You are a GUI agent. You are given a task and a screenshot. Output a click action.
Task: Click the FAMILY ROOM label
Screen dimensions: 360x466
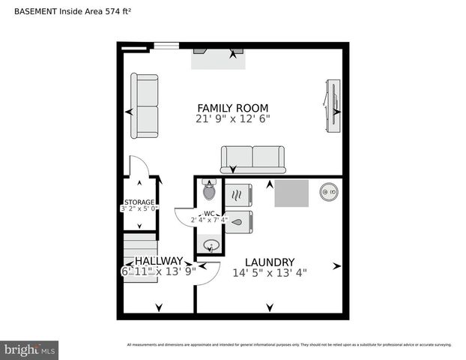pos(232,108)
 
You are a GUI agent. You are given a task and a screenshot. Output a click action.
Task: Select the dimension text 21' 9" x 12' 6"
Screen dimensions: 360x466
pos(232,118)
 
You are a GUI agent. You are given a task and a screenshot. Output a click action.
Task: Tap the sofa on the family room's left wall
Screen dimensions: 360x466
pos(145,106)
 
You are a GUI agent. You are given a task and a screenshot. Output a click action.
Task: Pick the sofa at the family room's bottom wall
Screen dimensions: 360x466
pos(252,159)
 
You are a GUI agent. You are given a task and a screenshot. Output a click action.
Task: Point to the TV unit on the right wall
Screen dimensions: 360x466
pos(331,104)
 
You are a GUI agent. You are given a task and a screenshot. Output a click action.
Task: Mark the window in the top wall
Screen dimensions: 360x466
pos(166,46)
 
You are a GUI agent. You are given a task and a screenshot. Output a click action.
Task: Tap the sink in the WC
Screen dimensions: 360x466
pos(211,244)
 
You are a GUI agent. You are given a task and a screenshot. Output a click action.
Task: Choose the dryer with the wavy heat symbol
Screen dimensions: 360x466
pos(239,196)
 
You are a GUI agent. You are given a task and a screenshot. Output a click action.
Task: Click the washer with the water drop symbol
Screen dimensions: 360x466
pos(239,222)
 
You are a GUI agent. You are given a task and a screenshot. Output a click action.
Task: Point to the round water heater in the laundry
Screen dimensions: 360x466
pos(329,193)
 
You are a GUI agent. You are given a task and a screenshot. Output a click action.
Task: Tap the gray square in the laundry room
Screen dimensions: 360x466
pos(291,193)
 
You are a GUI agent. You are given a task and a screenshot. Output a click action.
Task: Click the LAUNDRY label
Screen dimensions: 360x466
pos(269,262)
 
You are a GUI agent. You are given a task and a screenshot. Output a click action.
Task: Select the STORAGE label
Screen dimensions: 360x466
pos(139,202)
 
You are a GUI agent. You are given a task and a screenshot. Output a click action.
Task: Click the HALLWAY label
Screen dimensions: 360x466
pos(158,261)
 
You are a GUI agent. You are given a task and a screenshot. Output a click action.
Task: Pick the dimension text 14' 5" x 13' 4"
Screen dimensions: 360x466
pos(269,272)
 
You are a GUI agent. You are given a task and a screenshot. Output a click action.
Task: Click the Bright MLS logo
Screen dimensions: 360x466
pos(30,349)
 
